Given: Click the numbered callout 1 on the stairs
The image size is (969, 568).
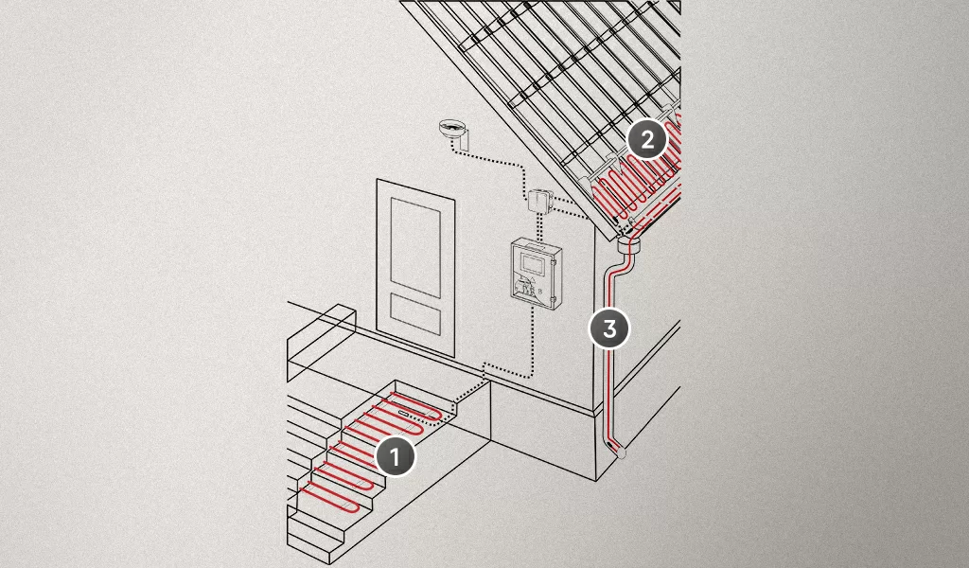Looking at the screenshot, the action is [x=395, y=456].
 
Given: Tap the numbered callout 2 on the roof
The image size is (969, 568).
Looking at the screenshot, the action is [x=647, y=140].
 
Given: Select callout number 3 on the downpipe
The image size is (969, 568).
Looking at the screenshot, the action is [x=609, y=328].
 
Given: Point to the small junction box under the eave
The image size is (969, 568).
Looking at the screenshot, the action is [x=537, y=201].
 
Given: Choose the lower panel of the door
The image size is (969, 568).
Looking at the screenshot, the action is [x=415, y=313].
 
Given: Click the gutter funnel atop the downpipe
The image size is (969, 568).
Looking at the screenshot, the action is [x=629, y=245].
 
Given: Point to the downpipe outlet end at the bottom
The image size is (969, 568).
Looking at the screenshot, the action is [x=619, y=452].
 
